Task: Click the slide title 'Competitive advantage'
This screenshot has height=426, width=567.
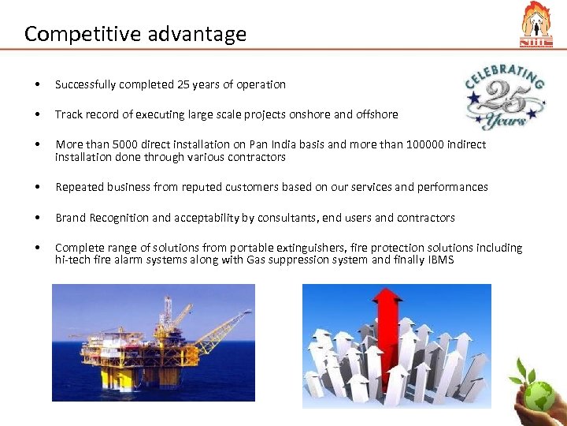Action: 135,34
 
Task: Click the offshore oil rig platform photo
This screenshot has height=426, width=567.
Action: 154,342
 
